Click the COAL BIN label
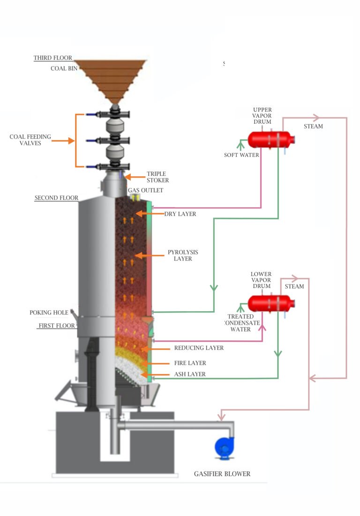point(64,68)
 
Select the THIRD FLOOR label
point(52,58)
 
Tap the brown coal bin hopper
point(111,77)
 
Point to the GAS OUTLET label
point(146,191)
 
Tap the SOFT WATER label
point(241,155)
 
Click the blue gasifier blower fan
point(224,447)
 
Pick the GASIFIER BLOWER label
point(222,474)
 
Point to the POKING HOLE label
point(49,313)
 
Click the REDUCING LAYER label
point(199,348)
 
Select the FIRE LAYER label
point(190,363)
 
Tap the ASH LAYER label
point(190,374)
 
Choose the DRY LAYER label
point(180,214)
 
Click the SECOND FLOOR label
point(56,198)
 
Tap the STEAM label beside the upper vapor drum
point(313,126)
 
